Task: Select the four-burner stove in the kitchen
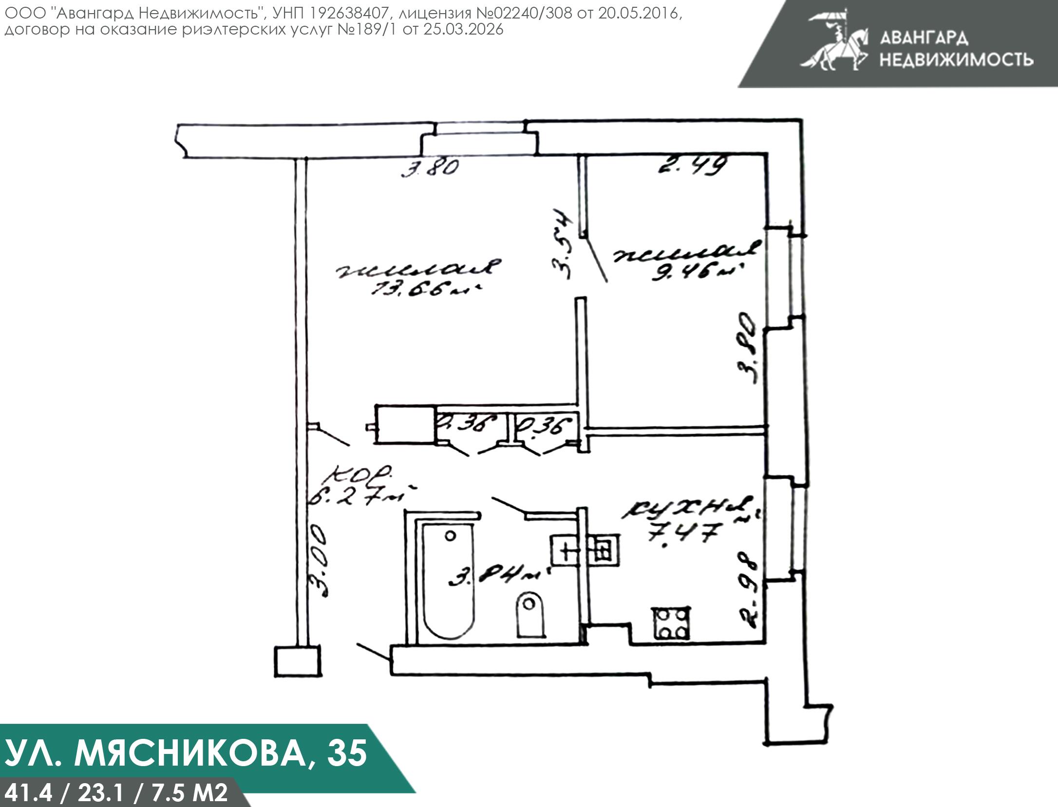click(671, 624)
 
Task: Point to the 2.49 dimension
click(692, 165)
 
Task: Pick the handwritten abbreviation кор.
click(361, 474)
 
